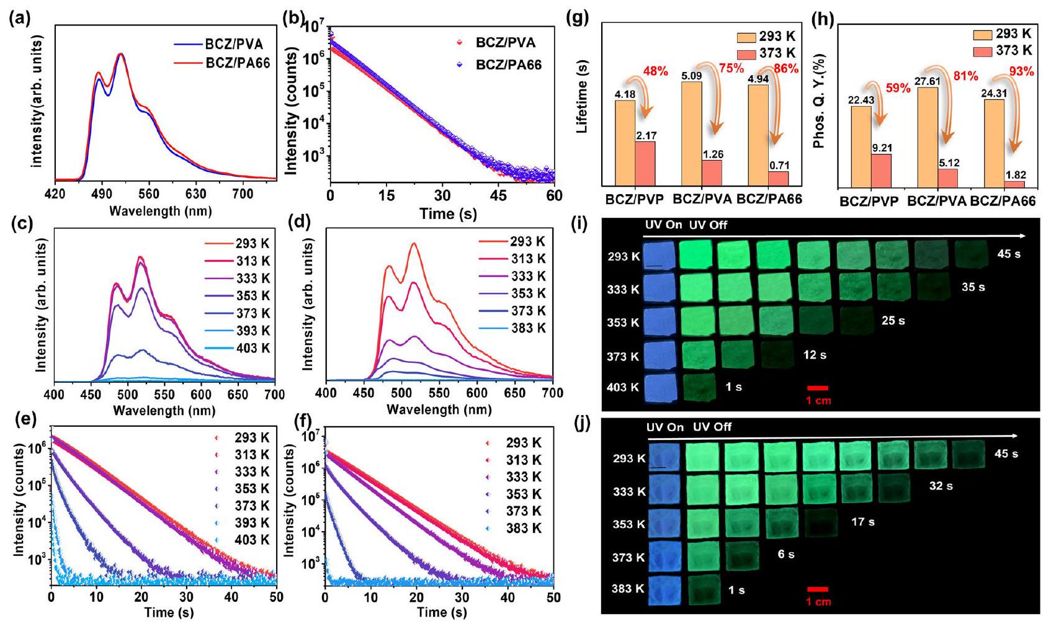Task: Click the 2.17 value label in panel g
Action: click(645, 135)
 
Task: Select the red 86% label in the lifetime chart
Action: click(786, 69)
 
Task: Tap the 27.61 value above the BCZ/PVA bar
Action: click(936, 81)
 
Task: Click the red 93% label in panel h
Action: click(1022, 72)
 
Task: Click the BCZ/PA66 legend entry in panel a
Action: click(237, 63)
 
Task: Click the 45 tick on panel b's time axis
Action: click(498, 195)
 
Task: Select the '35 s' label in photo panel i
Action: click(973, 287)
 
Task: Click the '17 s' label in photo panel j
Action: click(862, 522)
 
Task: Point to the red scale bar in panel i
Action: click(818, 388)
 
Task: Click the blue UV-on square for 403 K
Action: click(662, 389)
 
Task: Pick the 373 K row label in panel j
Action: click(628, 557)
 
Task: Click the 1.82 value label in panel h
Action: click(1015, 176)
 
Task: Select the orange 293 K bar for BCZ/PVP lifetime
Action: click(625, 143)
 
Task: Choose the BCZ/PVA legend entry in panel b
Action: click(505, 43)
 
